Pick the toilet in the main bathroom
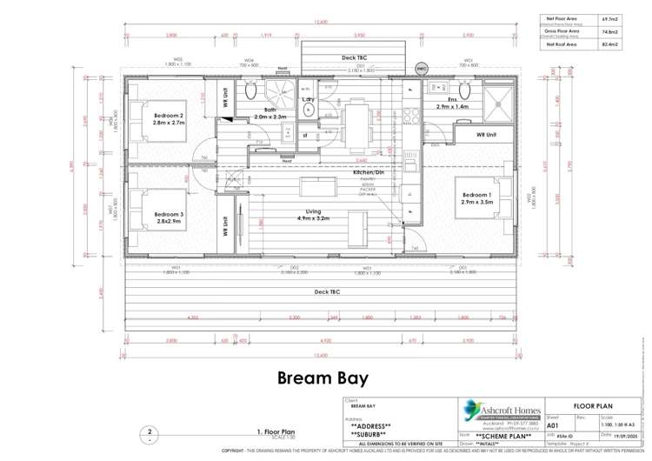(x=250, y=90)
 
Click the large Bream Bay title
(x=323, y=378)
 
